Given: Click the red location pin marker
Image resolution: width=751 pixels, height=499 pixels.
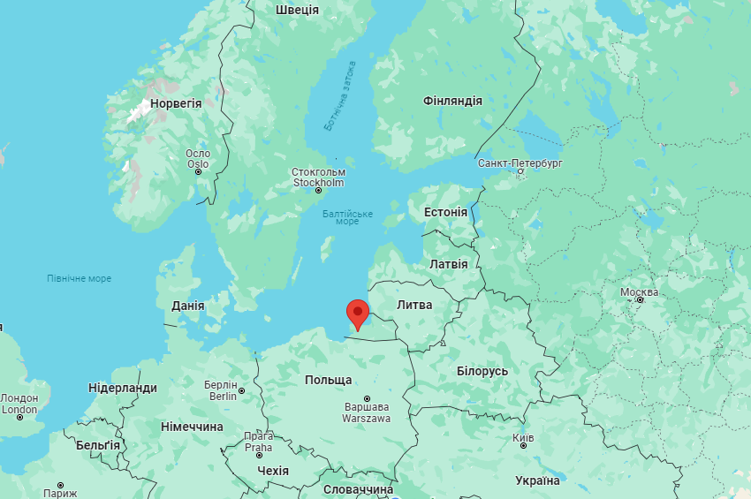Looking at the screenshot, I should [x=357, y=313].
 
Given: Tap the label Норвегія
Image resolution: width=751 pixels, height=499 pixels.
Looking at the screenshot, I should [x=176, y=103].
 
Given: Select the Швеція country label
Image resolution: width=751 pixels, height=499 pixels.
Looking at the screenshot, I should [x=297, y=10].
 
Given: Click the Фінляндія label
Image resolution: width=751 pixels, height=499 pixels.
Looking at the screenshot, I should [x=452, y=101].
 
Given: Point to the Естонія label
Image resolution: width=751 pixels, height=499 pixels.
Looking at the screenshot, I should [x=445, y=212].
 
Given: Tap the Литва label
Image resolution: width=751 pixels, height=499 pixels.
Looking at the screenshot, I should [x=414, y=305].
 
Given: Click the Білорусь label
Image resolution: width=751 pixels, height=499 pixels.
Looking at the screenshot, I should [x=482, y=371].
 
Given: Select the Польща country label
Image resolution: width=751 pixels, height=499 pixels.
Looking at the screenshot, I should [x=328, y=380].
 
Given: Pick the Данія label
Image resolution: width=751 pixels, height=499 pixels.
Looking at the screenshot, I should [x=187, y=306].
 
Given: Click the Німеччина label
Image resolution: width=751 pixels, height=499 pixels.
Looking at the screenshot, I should [x=192, y=427].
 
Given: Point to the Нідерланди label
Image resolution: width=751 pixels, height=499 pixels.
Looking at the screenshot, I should [x=123, y=388].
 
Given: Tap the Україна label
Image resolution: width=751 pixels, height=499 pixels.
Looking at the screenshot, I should [x=537, y=480].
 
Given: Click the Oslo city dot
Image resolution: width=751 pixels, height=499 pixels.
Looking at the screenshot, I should [x=199, y=171].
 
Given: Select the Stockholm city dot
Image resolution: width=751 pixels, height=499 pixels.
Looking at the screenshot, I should [x=319, y=190].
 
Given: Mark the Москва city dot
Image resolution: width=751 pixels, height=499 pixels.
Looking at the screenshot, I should [x=641, y=300].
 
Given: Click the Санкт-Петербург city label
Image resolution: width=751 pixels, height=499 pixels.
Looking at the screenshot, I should [x=520, y=163].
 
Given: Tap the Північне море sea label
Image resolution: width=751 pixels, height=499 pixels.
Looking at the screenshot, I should [x=80, y=279].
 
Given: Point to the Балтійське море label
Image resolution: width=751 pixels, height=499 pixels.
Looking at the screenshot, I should [x=347, y=217].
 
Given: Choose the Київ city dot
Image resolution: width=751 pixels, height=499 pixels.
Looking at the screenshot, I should [x=524, y=446].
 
